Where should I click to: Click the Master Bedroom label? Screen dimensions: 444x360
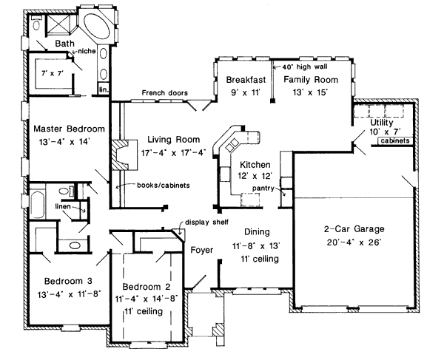(69, 129)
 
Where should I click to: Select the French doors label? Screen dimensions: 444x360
(164, 92)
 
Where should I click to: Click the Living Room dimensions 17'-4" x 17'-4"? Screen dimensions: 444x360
(173, 153)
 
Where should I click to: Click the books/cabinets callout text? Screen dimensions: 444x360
(164, 186)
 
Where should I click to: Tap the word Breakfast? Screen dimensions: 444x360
(246, 80)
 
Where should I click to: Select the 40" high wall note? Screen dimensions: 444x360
(305, 67)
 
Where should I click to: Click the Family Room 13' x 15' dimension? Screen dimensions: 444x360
(310, 92)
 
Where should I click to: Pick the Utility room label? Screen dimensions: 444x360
(382, 123)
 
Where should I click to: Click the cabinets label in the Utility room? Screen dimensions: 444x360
(395, 140)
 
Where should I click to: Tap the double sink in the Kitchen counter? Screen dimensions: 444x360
(232, 144)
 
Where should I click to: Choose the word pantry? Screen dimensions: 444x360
(263, 188)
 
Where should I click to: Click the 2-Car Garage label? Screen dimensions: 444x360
(354, 228)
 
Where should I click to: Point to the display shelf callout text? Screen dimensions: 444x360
(206, 222)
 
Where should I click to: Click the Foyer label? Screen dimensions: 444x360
(201, 250)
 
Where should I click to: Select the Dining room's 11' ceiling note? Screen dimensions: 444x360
(260, 259)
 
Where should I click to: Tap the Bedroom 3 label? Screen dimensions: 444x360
(68, 281)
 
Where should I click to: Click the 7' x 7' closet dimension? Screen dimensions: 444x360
(53, 73)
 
